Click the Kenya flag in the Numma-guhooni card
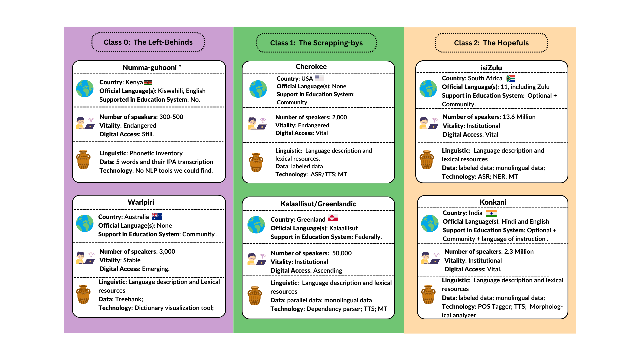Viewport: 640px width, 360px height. tap(148, 83)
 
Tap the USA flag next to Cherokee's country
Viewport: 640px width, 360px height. tap(319, 78)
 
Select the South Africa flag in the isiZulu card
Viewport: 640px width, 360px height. tap(511, 78)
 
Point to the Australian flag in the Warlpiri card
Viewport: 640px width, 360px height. tap(157, 217)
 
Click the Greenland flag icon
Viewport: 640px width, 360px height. tap(333, 218)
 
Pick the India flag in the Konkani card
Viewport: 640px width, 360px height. tap(491, 213)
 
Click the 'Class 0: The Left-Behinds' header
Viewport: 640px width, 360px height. tap(148, 42)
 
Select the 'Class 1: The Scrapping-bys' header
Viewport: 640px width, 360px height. tap(316, 43)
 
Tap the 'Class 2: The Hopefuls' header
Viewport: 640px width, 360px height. tap(491, 43)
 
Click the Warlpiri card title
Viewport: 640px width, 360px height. tap(141, 202)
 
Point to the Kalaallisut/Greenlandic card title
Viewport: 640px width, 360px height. tap(318, 204)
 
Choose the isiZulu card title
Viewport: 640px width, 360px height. tap(491, 68)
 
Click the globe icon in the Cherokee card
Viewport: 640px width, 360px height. tap(258, 89)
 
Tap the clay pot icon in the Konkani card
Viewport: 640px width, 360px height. tap(428, 294)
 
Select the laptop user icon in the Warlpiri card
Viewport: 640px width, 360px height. tap(85, 257)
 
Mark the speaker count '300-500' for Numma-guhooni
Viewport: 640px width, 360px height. tap(171, 117)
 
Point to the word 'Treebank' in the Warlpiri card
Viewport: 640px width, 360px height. tap(129, 299)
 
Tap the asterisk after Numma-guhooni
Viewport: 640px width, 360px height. tap(180, 67)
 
